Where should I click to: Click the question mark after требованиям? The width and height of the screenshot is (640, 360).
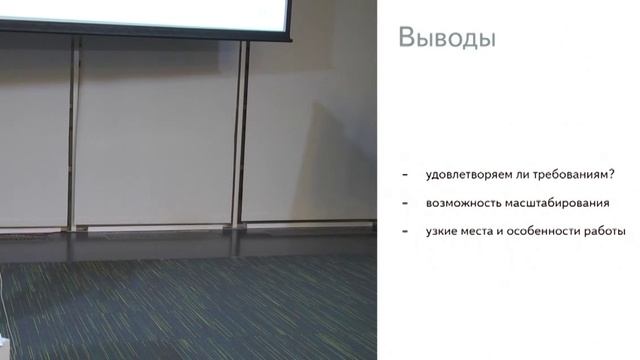pos(611,175)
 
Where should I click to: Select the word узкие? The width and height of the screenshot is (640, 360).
pos(442,231)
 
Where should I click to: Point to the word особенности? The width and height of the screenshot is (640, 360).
pos(549,231)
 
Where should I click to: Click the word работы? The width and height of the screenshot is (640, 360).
pos(606,231)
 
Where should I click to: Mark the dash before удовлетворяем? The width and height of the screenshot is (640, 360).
pos(403,175)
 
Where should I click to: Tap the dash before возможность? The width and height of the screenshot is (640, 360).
pos(403,203)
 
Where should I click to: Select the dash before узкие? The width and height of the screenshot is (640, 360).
pos(403,231)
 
